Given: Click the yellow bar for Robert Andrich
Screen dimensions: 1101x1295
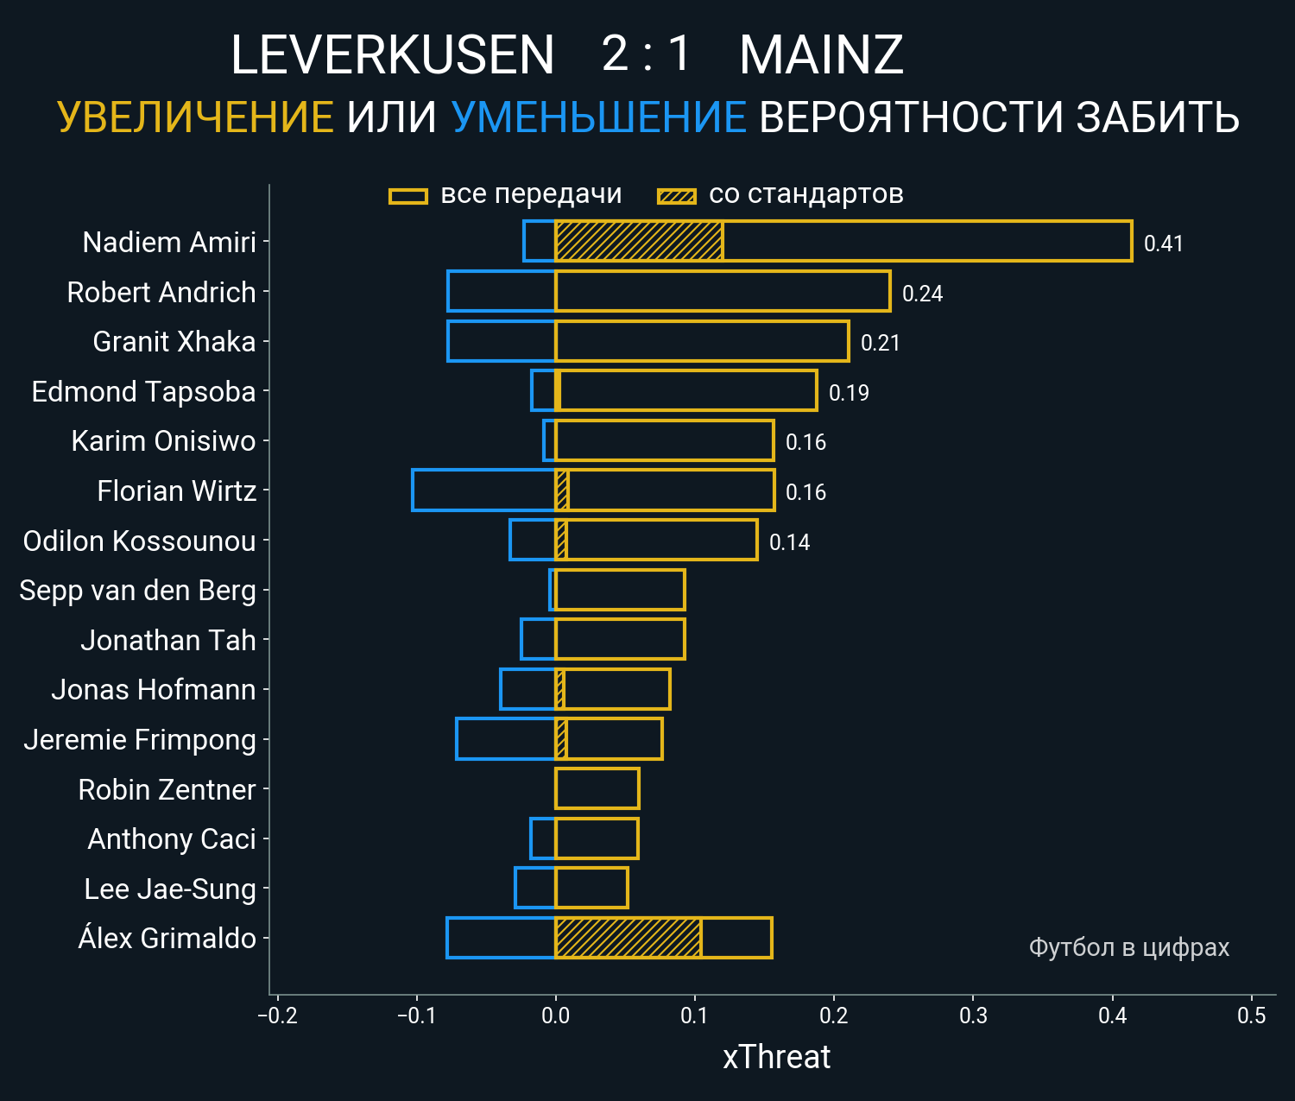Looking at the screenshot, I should coord(722,291).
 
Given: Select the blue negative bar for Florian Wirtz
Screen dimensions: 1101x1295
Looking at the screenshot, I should coord(483,490).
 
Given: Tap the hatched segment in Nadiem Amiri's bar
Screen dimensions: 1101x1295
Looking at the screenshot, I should coord(639,241).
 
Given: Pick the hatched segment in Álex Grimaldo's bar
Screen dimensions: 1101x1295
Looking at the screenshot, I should coord(628,938).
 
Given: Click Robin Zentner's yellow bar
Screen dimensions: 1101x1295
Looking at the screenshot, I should coord(597,788).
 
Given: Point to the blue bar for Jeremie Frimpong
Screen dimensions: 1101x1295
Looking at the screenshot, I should coord(505,739).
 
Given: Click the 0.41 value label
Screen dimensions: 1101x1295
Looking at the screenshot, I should coord(1163,244).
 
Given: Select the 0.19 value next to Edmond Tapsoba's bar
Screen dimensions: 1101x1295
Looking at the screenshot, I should coord(849,393).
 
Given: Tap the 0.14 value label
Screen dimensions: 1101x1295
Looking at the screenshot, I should coord(789,542).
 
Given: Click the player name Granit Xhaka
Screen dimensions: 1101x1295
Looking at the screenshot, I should coord(174,342).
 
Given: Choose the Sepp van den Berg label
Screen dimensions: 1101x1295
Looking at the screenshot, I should coord(138,591).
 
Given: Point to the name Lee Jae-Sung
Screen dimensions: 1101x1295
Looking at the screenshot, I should coord(170,889).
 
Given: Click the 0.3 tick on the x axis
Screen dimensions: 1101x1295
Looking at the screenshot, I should coord(973,1016).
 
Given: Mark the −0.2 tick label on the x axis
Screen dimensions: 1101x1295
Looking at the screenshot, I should coord(277,1016).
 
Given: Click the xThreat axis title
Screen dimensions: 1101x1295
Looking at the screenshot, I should coord(776,1057).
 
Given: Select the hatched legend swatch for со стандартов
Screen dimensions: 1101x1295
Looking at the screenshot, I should coord(676,196).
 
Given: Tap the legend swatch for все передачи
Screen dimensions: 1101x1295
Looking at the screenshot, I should coord(408,196).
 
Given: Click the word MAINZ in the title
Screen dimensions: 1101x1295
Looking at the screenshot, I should coord(821,55).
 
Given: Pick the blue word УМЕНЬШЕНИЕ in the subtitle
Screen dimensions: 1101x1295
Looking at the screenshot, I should coord(598,117).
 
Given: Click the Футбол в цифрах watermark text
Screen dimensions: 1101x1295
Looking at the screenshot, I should coord(1128,947).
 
